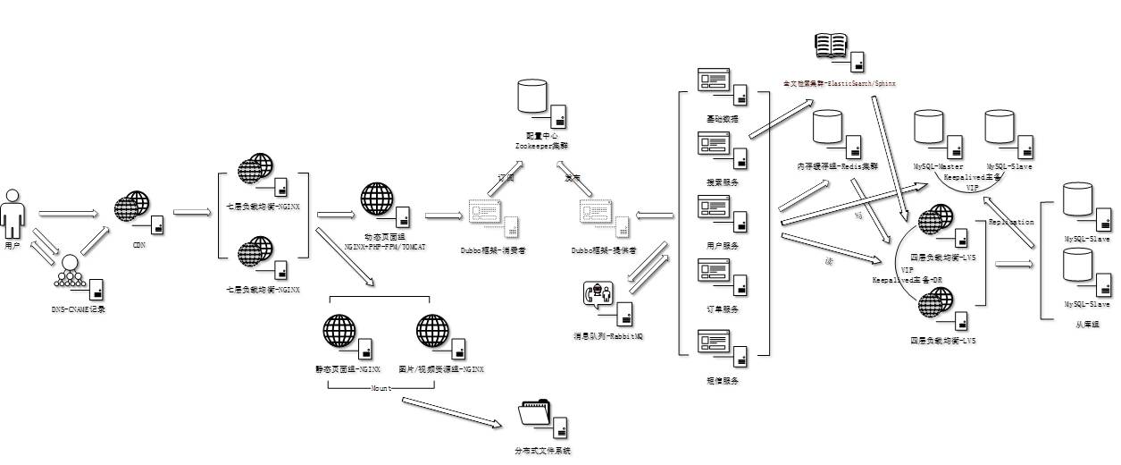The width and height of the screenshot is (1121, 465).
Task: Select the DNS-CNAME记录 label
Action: (79, 308)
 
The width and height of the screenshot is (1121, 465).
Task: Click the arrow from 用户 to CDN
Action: (68, 214)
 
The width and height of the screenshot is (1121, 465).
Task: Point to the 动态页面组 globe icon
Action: (377, 199)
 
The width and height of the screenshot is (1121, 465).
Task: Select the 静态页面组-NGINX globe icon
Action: (339, 331)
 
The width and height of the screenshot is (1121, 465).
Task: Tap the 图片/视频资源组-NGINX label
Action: (441, 368)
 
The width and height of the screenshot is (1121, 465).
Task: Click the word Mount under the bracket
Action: (381, 388)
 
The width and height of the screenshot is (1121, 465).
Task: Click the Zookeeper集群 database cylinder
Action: (531, 97)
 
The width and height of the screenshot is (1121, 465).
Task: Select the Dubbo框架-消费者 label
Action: (493, 250)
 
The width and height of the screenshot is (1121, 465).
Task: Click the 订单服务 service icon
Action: (714, 271)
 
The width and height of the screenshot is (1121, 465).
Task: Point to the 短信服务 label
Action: (723, 380)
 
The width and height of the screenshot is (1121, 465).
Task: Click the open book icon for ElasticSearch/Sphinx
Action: (831, 46)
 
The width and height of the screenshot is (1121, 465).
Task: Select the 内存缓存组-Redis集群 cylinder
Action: (828, 127)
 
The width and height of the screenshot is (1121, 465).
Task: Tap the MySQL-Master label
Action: (938, 166)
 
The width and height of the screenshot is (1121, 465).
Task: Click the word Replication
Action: (1011, 221)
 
